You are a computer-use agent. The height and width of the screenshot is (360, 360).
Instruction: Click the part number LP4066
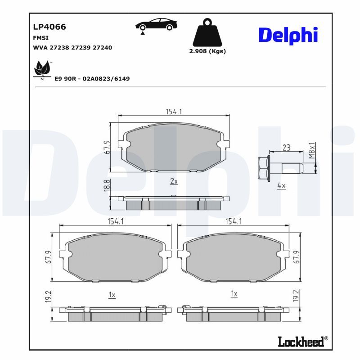point(49,27)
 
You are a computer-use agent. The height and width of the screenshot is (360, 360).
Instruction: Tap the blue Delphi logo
point(288,36)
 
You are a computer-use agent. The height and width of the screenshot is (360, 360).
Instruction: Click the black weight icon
point(207,32)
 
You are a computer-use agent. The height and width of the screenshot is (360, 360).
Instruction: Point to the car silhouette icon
point(156,25)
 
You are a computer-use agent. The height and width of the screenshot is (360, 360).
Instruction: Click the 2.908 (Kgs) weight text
point(207,51)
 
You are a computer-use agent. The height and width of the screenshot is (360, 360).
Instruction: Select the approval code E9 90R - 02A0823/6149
point(92,79)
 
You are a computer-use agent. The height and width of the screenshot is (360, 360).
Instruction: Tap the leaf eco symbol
point(42,69)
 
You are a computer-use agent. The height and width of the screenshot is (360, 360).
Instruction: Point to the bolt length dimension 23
point(286,148)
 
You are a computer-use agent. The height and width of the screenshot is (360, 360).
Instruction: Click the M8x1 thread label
point(312,150)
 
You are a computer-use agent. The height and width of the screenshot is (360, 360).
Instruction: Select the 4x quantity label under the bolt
point(281,185)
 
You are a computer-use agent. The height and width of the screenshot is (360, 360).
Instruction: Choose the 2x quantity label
point(174,181)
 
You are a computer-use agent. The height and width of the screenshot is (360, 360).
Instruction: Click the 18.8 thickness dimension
point(107,186)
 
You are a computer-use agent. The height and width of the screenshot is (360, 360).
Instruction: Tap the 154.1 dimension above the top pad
point(174,112)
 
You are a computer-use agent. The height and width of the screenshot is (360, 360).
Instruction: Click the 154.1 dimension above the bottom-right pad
point(234,221)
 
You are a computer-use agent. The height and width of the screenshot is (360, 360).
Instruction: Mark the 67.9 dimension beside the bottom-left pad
point(49,257)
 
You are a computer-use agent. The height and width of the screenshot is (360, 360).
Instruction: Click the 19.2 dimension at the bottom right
point(296,296)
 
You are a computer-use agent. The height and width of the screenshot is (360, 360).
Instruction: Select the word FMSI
point(41,38)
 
